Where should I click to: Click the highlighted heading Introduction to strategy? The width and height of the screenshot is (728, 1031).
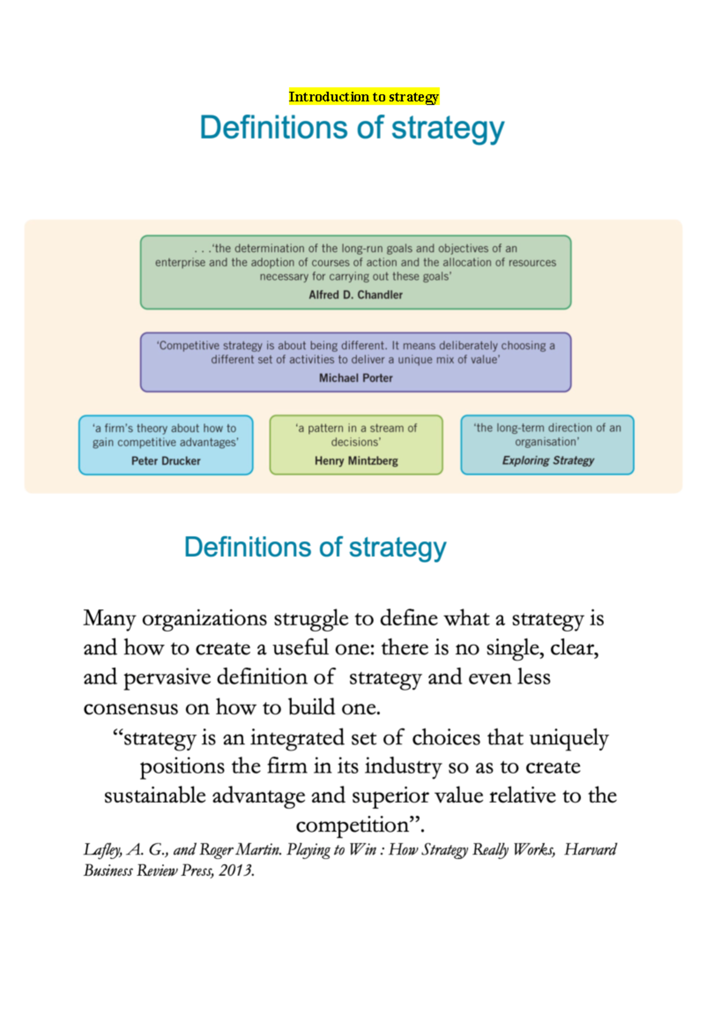click(363, 97)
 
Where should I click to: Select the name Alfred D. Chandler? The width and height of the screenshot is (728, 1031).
click(356, 295)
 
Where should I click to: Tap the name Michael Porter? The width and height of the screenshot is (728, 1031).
click(356, 378)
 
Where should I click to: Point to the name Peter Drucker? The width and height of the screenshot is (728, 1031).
click(166, 461)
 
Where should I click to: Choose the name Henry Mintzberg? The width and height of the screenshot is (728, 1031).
click(356, 461)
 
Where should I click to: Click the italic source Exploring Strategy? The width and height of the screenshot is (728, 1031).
click(548, 461)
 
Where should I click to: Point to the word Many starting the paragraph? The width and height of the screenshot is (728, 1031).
click(109, 619)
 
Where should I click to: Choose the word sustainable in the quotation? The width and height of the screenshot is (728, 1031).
click(155, 796)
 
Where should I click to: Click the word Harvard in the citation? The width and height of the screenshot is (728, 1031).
click(590, 849)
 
